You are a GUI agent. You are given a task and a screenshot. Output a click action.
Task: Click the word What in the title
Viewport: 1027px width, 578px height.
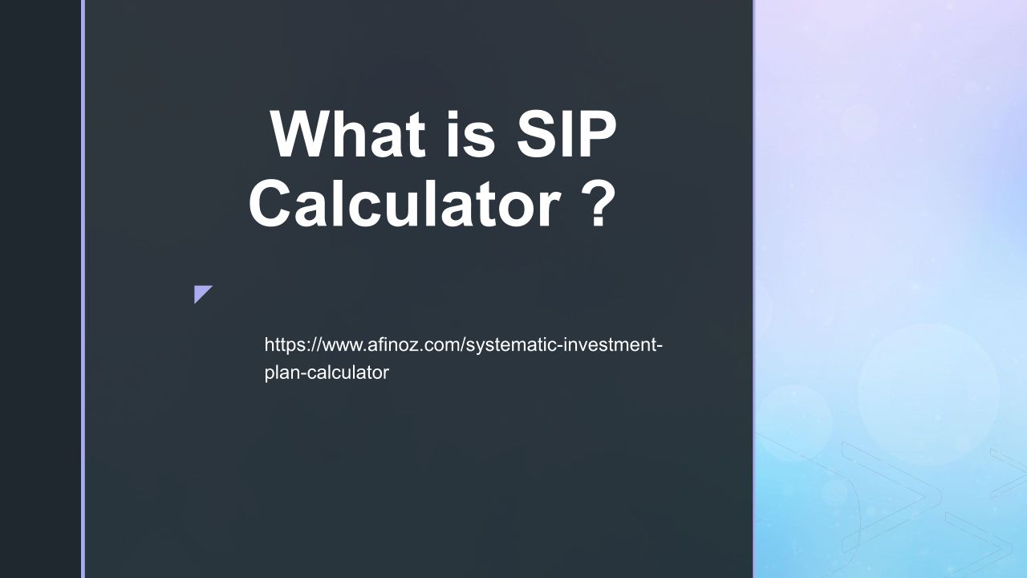point(348,134)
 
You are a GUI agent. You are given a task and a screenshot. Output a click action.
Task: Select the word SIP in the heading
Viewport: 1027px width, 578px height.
point(566,134)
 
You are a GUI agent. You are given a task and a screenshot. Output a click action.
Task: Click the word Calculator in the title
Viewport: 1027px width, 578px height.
point(405,203)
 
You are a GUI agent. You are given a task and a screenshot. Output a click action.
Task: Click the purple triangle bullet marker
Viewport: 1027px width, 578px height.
point(202,294)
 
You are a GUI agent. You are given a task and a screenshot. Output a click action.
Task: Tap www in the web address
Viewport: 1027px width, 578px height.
point(343,345)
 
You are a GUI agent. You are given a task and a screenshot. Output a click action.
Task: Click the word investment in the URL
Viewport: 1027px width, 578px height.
point(610,344)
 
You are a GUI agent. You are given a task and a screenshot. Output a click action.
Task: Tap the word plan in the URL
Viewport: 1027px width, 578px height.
point(282,372)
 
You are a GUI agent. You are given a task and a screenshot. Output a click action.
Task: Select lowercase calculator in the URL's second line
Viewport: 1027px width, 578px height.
point(348,372)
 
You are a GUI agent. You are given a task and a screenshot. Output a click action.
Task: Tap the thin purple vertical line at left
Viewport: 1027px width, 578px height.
point(83,289)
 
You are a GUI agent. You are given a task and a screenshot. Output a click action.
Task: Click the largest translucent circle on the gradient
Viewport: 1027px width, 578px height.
point(928,394)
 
